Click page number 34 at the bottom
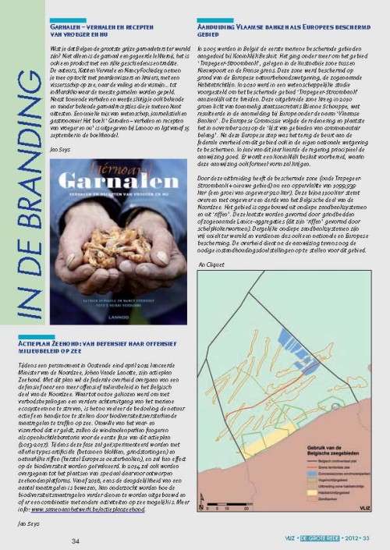point(76,541)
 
